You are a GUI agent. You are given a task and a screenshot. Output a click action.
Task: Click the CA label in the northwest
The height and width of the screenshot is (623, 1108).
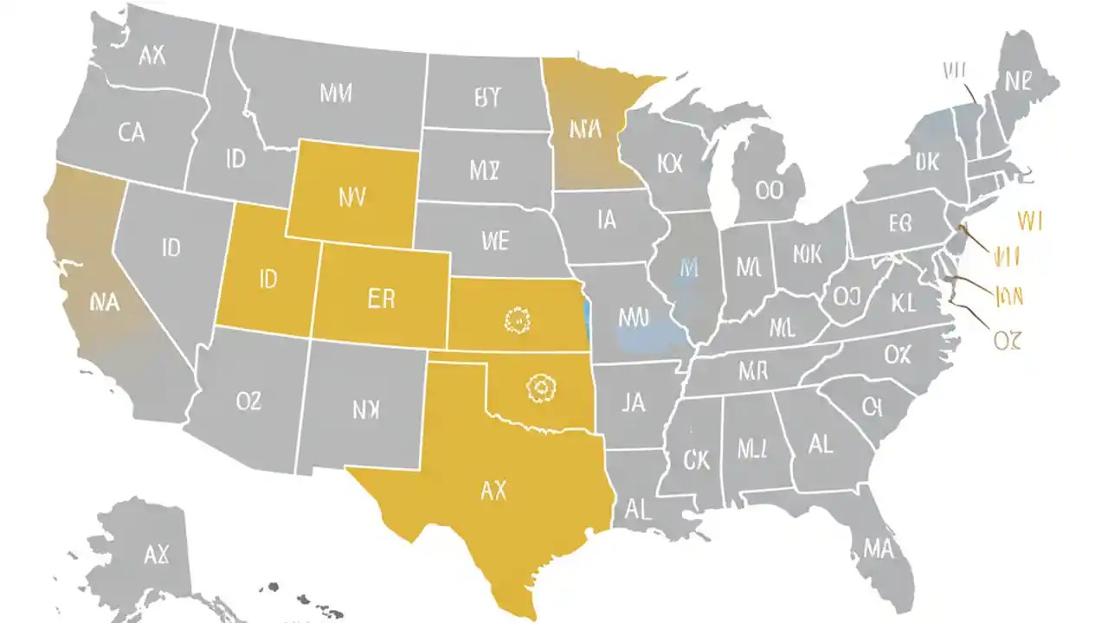(x=132, y=132)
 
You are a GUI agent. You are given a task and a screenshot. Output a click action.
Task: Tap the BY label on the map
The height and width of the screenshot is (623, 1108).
(x=487, y=98)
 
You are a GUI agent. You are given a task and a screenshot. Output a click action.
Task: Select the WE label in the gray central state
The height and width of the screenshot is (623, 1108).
(x=493, y=240)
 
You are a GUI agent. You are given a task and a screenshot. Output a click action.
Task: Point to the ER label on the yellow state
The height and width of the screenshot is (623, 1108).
(x=381, y=299)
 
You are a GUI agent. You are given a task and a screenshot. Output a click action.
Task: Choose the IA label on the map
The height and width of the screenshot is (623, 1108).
(x=607, y=220)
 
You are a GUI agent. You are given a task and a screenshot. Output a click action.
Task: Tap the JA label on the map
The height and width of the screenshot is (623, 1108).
(x=634, y=402)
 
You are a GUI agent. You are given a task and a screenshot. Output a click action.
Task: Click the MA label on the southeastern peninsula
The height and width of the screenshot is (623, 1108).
(x=877, y=547)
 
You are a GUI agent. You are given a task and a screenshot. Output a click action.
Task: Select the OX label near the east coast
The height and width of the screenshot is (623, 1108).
(x=898, y=354)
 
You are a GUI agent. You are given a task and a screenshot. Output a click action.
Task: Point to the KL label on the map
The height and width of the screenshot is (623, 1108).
(x=903, y=303)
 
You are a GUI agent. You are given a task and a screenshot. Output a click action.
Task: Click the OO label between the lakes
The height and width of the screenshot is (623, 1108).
(x=768, y=189)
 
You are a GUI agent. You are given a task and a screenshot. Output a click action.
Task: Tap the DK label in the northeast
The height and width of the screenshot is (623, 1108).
(x=925, y=162)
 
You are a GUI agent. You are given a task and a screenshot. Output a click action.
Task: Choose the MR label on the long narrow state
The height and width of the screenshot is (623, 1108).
(x=753, y=372)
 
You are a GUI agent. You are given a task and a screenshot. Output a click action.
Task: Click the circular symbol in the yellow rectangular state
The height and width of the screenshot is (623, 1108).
(x=515, y=320)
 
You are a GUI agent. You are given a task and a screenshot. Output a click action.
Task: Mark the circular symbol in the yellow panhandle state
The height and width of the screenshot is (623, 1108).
(x=539, y=388)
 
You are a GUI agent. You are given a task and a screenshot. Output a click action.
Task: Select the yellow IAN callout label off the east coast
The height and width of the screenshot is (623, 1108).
(x=1009, y=297)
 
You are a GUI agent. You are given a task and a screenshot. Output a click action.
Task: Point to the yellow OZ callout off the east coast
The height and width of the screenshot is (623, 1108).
(x=1008, y=341)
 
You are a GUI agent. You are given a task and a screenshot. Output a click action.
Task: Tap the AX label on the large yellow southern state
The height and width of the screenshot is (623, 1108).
(x=493, y=491)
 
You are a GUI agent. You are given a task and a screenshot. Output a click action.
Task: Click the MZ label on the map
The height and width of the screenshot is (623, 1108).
(x=485, y=170)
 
